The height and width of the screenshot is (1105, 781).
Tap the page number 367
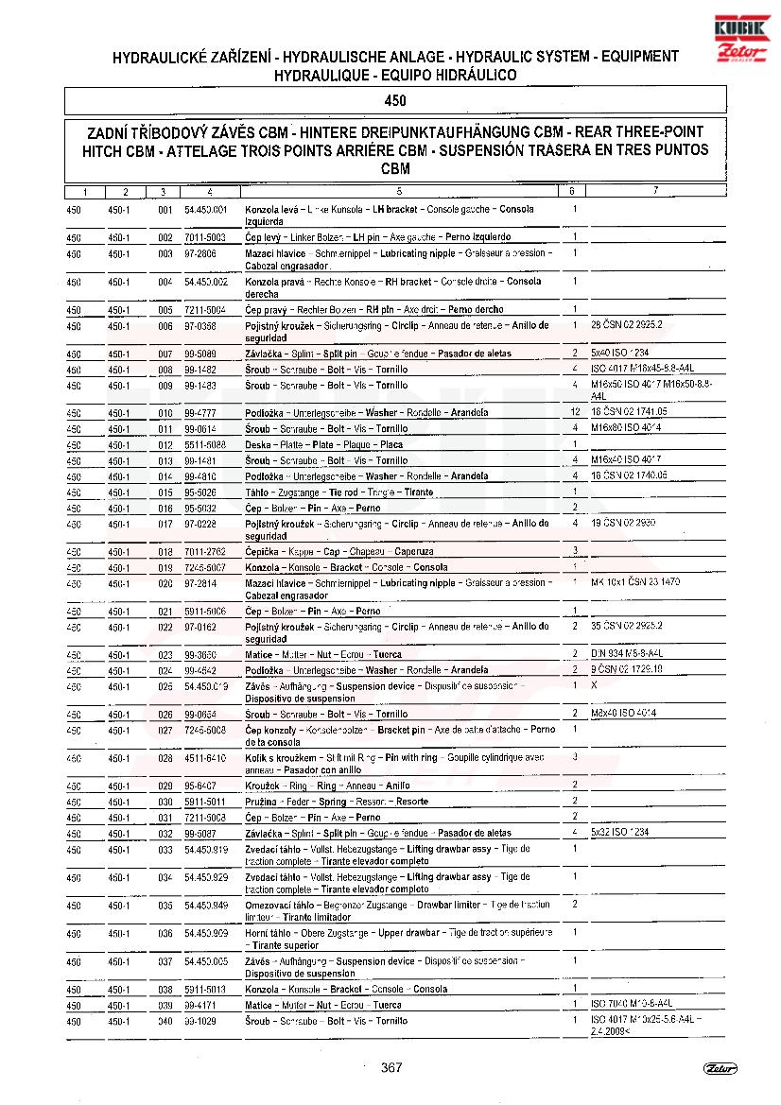pos(391,1068)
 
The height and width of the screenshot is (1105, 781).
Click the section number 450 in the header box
pos(395,101)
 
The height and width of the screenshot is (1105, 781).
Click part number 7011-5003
pos(204,237)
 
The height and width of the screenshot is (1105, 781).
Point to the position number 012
pos(165,445)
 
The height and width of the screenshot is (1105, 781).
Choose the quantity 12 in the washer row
pos(574,412)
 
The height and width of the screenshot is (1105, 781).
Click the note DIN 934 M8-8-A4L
pos(627,653)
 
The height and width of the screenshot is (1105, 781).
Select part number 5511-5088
pos(204,445)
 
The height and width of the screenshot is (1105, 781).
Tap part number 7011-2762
pos(204,551)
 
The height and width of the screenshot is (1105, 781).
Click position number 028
pos(165,758)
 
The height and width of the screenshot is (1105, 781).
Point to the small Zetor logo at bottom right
pos(720,1068)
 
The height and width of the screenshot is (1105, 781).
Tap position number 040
pos(165,1022)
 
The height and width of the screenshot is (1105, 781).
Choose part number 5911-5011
pos(204,802)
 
